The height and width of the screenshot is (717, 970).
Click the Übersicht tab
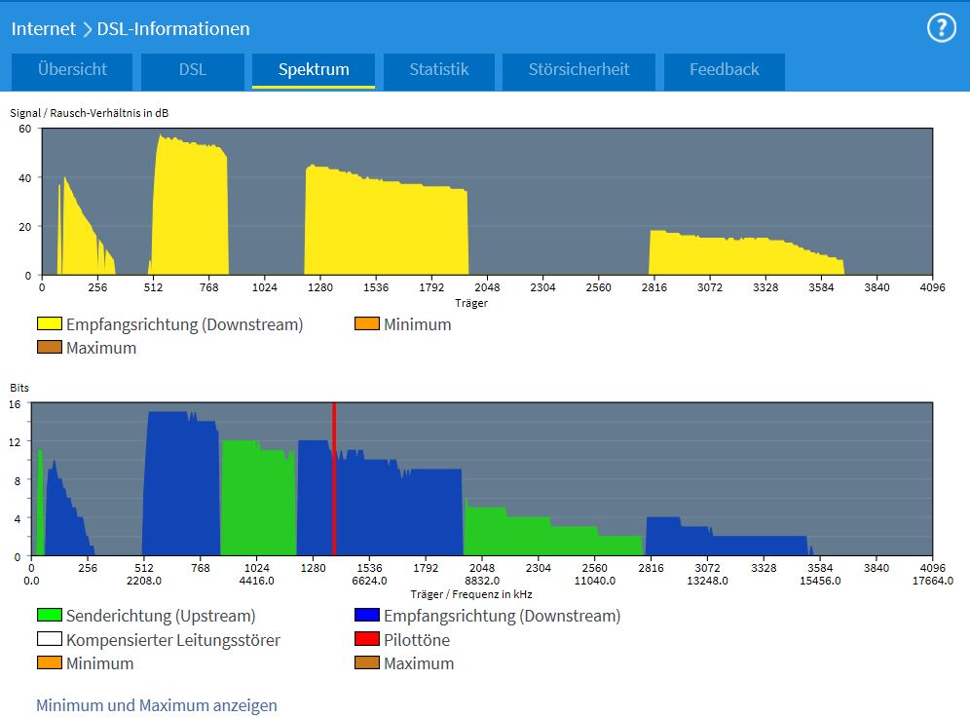pyautogui.click(x=72, y=70)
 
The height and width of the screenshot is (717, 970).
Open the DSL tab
pyautogui.click(x=193, y=70)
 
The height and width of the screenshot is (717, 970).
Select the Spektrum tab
pyautogui.click(x=314, y=70)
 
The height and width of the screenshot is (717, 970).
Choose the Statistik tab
pyautogui.click(x=439, y=70)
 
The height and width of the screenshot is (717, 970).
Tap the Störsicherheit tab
pyautogui.click(x=578, y=70)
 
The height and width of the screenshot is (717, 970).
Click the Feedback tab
pyautogui.click(x=724, y=70)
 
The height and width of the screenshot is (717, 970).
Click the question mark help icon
pyautogui.click(x=941, y=28)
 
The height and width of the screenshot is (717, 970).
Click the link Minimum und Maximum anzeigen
pyautogui.click(x=157, y=705)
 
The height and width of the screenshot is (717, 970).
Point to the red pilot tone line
pyautogui.click(x=334, y=477)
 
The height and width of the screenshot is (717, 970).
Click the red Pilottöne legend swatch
pyautogui.click(x=366, y=640)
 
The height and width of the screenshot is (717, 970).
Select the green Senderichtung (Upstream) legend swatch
pyautogui.click(x=49, y=616)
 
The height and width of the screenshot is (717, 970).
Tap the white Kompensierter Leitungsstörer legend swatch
pyautogui.click(x=49, y=640)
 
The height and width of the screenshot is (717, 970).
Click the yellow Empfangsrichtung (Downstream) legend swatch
pyautogui.click(x=49, y=324)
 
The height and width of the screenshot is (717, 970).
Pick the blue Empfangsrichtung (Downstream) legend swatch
pyautogui.click(x=366, y=616)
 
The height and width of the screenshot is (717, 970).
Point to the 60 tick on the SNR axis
pyautogui.click(x=24, y=129)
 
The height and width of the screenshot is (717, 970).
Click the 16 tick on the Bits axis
pyautogui.click(x=17, y=404)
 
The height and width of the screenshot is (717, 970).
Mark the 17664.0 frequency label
pyautogui.click(x=932, y=581)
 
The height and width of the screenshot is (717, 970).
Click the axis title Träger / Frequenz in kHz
pyautogui.click(x=471, y=594)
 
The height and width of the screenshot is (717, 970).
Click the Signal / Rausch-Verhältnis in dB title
pyautogui.click(x=90, y=113)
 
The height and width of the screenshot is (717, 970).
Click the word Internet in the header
pyautogui.click(x=43, y=29)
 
